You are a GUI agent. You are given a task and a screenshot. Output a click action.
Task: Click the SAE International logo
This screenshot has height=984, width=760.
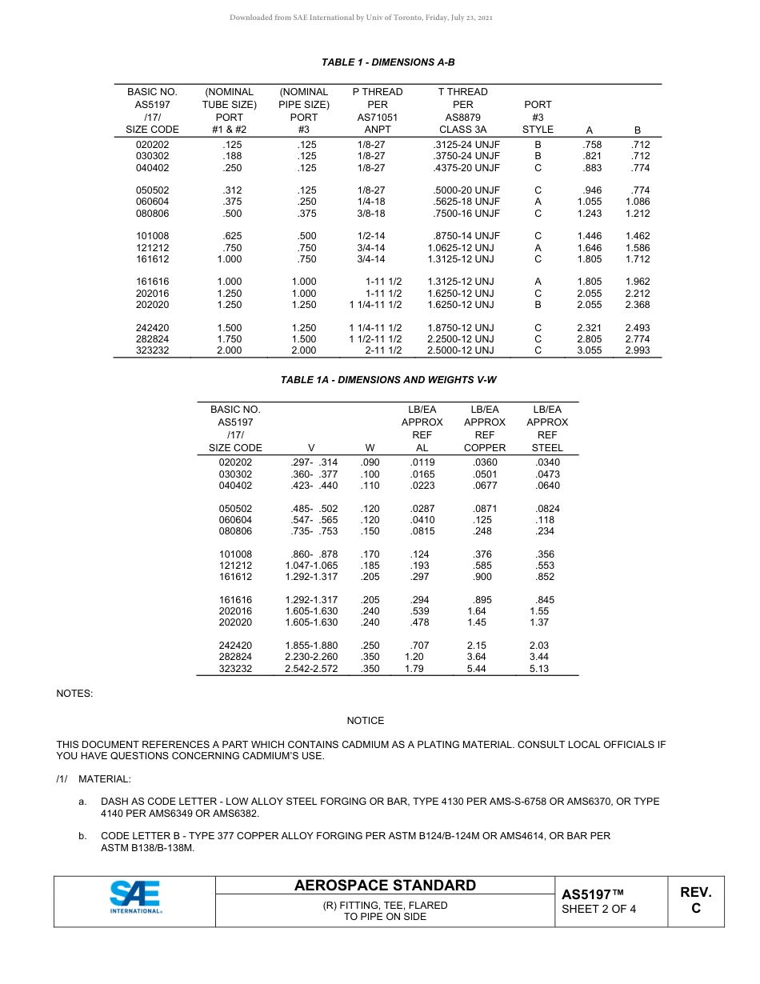[134, 898]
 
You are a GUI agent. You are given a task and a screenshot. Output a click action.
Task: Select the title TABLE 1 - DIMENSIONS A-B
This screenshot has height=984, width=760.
[388, 62]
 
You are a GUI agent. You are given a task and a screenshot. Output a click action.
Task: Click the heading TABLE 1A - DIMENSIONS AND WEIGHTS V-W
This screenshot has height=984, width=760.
[388, 380]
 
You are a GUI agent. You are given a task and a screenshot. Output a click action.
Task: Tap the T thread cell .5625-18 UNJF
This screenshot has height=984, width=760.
[466, 202]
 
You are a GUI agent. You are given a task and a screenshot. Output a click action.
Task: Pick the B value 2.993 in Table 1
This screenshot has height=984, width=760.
[637, 350]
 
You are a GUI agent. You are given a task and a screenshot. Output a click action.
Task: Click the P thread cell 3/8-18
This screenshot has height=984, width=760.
[371, 214]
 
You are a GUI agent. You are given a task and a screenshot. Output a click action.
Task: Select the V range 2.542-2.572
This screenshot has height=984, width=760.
[311, 669]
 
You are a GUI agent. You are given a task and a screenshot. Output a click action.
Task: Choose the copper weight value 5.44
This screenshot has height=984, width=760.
[476, 669]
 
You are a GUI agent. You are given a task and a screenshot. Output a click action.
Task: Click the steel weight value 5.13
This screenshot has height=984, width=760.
[539, 669]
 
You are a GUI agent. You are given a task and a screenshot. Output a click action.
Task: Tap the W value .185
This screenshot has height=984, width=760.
[370, 566]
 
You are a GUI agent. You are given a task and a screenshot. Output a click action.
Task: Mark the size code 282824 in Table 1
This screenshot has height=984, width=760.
[152, 339]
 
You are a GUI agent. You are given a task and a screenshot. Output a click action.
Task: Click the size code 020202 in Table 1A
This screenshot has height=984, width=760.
[235, 462]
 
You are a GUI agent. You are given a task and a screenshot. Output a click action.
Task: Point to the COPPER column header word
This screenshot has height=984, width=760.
[485, 448]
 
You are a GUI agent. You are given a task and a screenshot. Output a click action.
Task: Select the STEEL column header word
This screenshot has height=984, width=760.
[547, 448]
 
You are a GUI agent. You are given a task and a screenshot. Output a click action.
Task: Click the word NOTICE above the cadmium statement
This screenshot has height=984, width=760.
[365, 721]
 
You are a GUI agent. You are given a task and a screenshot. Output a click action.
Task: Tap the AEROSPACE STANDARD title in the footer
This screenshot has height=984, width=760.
[385, 886]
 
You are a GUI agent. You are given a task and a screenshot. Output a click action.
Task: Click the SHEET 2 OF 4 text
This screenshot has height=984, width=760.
[598, 909]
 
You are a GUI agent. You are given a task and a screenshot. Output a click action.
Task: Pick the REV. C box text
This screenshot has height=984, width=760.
[695, 900]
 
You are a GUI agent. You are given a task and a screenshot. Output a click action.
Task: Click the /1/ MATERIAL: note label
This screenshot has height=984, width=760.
[94, 778]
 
